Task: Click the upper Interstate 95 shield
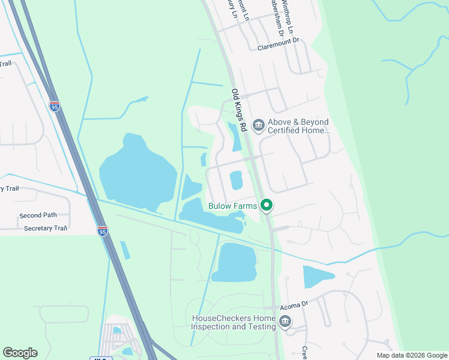pyautogui.click(x=55, y=107)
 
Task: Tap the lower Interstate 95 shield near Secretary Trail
pyautogui.click(x=103, y=231)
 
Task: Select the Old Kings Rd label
pyautogui.click(x=239, y=111)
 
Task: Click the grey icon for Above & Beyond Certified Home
pyautogui.click(x=259, y=125)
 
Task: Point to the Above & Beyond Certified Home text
pyautogui.click(x=298, y=126)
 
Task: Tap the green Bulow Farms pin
pyautogui.click(x=266, y=205)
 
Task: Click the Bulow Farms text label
pyautogui.click(x=232, y=206)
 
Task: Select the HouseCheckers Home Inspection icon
pyautogui.click(x=285, y=323)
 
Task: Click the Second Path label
pyautogui.click(x=38, y=215)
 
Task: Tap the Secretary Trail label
pyautogui.click(x=45, y=229)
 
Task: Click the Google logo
pyautogui.click(x=20, y=353)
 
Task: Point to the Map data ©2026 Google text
pyautogui.click(x=412, y=355)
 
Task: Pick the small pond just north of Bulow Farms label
pyautogui.click(x=236, y=179)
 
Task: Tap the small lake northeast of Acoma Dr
pyautogui.click(x=317, y=277)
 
